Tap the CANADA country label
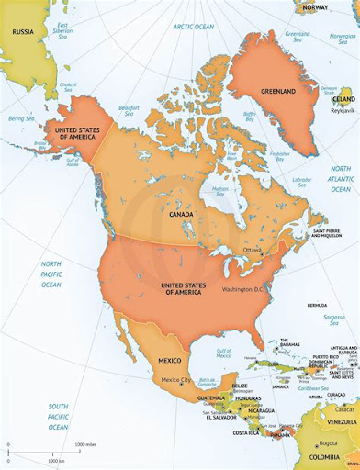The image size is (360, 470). pos(180,213)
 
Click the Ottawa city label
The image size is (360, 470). pos(253,250)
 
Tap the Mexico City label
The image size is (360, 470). pos(177,380)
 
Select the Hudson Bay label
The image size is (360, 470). pos(219,192)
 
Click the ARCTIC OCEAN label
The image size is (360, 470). pos(189,27)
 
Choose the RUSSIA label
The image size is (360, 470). pos(22,30)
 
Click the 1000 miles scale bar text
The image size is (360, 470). pos(84,444)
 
